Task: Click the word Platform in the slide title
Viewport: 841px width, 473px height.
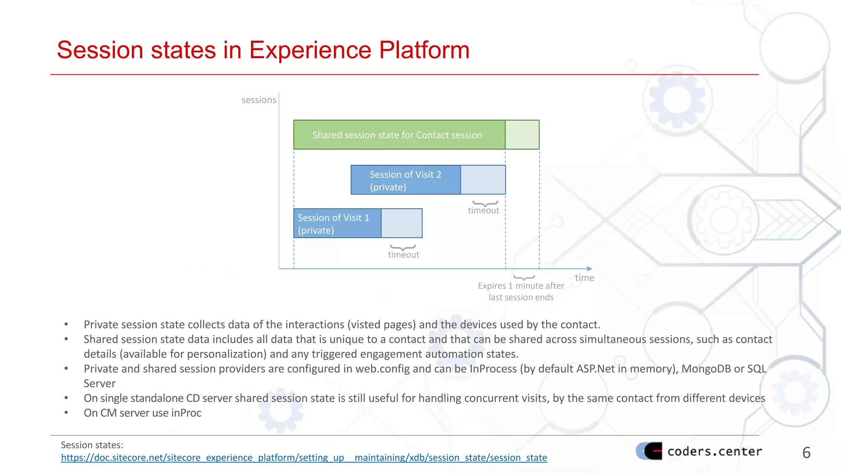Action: [x=424, y=50]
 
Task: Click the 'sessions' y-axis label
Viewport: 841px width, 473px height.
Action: [x=259, y=100]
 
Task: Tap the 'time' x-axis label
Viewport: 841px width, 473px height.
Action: [x=584, y=278]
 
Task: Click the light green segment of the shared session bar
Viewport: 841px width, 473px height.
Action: [x=522, y=135]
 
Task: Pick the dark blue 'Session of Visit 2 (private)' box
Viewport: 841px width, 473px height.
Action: [x=405, y=180]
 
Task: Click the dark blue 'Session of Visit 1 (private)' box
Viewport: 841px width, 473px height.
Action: [x=337, y=223]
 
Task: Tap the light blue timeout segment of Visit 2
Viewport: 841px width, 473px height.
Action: [x=483, y=180]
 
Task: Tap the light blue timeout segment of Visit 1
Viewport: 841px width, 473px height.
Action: [x=402, y=223]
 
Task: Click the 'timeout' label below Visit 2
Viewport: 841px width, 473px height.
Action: [x=483, y=211]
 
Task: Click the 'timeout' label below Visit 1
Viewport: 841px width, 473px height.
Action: [x=403, y=255]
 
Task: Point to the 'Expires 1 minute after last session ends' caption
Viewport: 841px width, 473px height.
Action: [x=521, y=292]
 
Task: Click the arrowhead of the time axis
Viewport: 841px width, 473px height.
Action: [x=590, y=269]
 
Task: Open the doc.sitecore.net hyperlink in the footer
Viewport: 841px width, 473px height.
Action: [x=304, y=457]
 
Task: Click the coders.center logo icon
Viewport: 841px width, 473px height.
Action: [x=649, y=451]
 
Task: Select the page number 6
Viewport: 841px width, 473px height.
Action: [x=806, y=453]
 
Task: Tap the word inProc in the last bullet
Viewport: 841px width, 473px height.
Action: [x=186, y=413]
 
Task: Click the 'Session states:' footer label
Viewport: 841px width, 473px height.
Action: [x=92, y=445]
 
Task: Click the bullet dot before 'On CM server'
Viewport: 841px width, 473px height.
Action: [x=66, y=413]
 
